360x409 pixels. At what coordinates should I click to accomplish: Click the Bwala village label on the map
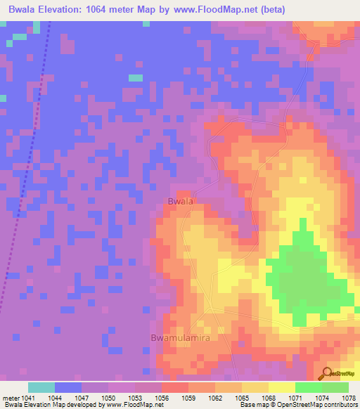pyautogui.click(x=180, y=202)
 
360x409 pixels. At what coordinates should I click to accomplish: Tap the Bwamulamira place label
pyautogui.click(x=181, y=338)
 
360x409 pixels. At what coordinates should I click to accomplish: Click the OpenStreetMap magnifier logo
pyautogui.click(x=328, y=373)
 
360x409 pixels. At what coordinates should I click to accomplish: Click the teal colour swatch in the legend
pyautogui.click(x=41, y=387)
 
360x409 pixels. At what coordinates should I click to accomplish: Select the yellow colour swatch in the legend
pyautogui.click(x=281, y=387)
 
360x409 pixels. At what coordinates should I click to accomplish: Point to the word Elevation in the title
pyautogui.click(x=68, y=10)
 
